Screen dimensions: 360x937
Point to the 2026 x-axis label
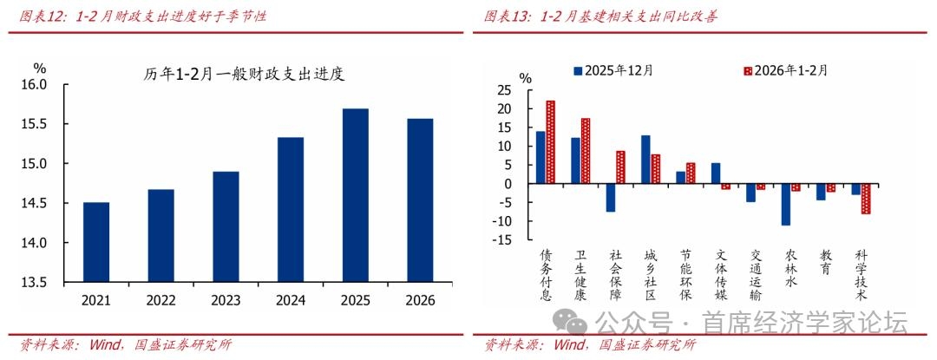420,301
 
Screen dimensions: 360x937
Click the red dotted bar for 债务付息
550,142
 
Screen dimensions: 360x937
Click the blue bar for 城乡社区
645,160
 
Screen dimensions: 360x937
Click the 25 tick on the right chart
502,90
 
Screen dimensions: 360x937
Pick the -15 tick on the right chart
499,239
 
